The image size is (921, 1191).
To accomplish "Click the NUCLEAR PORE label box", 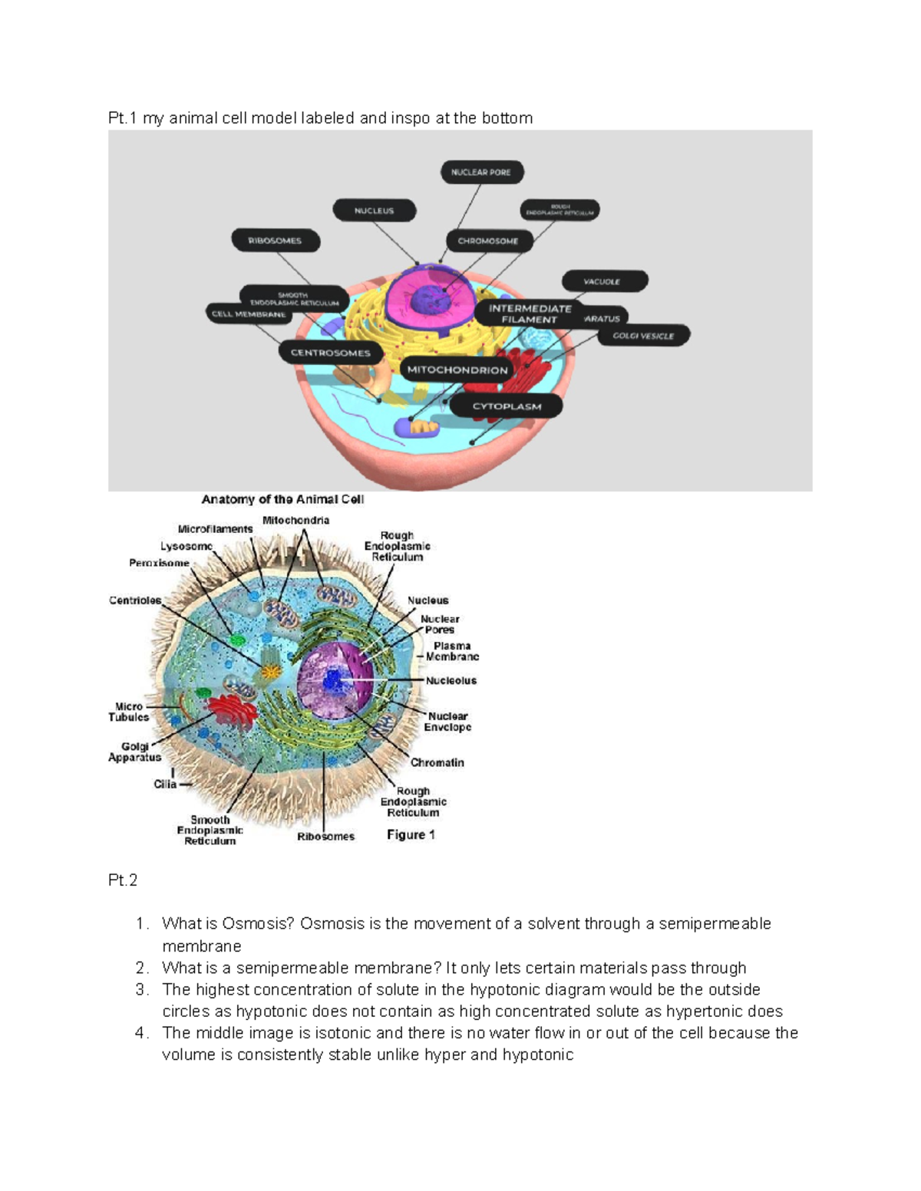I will [481, 173].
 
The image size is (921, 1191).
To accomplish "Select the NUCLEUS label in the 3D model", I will [374, 210].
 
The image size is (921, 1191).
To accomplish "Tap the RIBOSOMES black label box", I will [275, 240].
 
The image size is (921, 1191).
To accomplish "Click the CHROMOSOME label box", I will [488, 241].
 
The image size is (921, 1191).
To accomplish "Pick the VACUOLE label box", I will [604, 281].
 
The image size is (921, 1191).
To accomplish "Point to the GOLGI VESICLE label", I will [643, 336].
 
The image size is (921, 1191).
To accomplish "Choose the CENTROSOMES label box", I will [330, 353].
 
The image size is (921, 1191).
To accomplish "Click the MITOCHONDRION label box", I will [457, 370].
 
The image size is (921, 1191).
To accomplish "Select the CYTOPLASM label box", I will [507, 406].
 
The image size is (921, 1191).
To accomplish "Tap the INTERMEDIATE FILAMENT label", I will [530, 314].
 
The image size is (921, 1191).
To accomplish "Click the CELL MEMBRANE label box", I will [249, 314].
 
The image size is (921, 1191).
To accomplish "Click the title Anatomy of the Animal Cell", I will [282, 499].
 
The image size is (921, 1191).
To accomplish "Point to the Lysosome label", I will [187, 546].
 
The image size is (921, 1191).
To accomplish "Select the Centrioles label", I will [135, 600].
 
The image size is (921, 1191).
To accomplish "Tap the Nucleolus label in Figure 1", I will [451, 680].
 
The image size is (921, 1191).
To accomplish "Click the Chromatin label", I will [437, 762].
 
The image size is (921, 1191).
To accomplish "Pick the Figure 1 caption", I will [411, 834].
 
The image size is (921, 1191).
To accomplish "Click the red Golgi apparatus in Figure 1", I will [233, 712].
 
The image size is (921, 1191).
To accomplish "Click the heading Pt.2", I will [123, 880].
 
